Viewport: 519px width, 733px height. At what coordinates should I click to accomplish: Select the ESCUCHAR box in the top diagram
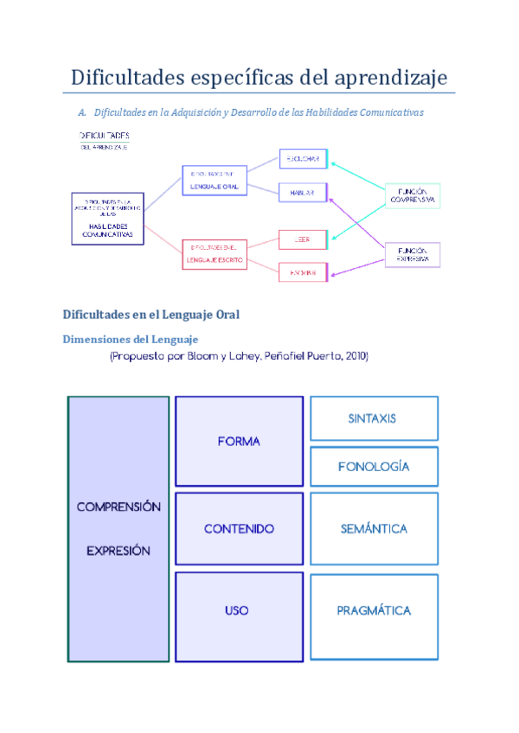pos(303,158)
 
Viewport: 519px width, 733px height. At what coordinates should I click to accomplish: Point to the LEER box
pos(303,239)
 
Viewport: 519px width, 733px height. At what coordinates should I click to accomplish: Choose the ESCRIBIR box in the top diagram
pos(303,272)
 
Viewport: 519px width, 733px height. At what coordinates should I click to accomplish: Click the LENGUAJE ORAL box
pos(214,181)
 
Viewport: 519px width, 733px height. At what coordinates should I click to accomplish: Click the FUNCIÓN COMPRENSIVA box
pos(413,196)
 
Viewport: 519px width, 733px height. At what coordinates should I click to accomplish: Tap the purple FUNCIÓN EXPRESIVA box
pos(413,254)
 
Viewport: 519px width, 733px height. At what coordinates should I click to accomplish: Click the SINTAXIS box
pos(373,418)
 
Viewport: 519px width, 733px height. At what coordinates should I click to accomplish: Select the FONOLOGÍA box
pos(373,467)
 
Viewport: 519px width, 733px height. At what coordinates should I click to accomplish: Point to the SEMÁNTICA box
pos(373,529)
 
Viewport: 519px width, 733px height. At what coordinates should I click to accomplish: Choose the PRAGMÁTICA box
pos(373,611)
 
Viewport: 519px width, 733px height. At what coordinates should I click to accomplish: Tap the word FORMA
pos(239,442)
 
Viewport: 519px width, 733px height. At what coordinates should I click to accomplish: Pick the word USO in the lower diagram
pos(236,611)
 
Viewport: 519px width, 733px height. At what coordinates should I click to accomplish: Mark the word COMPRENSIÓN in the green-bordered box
pos(119,507)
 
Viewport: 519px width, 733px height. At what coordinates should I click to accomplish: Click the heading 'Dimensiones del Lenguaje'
pos(131,339)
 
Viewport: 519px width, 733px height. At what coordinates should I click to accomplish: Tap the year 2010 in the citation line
pos(355,356)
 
